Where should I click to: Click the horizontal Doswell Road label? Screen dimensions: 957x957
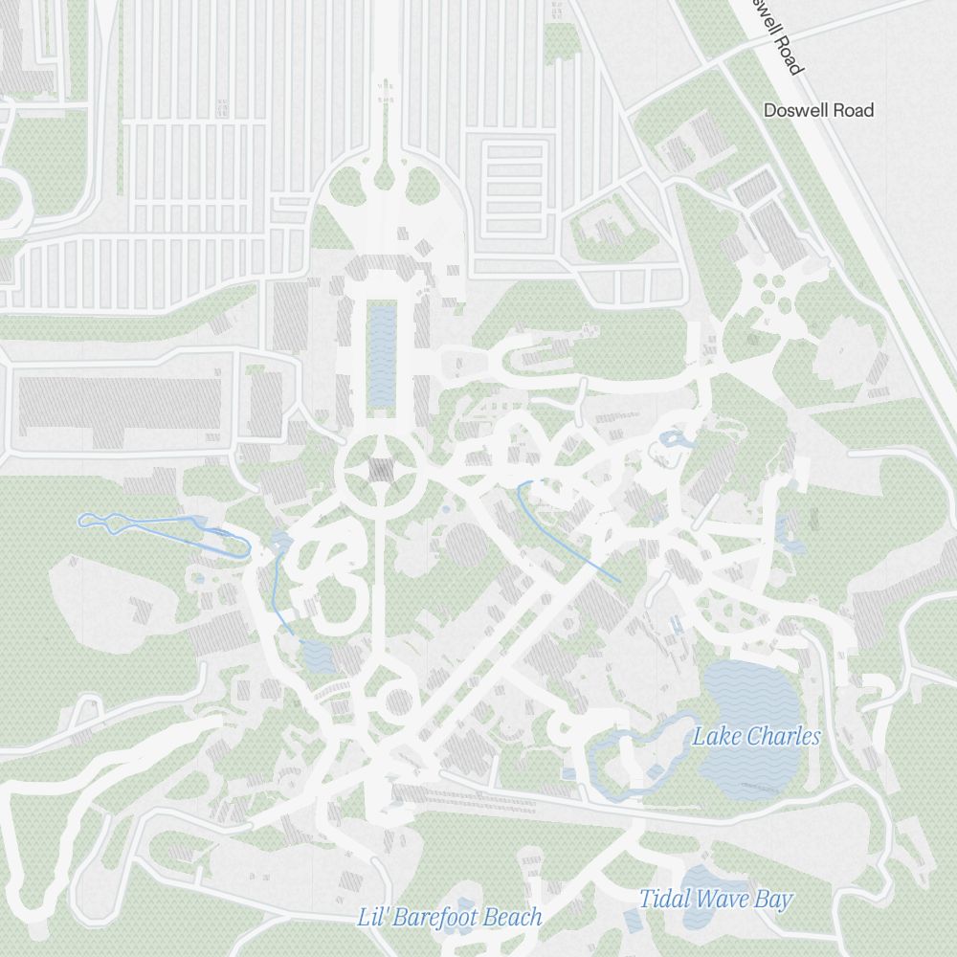tap(818, 110)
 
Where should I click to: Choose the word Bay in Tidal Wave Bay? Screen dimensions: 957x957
tap(773, 899)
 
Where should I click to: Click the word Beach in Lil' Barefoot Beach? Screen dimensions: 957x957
tap(512, 917)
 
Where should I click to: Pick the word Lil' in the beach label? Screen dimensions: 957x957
tap(372, 917)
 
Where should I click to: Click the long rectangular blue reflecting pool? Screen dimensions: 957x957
tap(382, 354)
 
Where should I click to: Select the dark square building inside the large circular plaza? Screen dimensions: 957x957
tap(382, 470)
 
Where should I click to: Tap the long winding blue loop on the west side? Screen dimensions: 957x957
tap(163, 529)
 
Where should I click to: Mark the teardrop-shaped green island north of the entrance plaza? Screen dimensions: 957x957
tap(385, 177)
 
